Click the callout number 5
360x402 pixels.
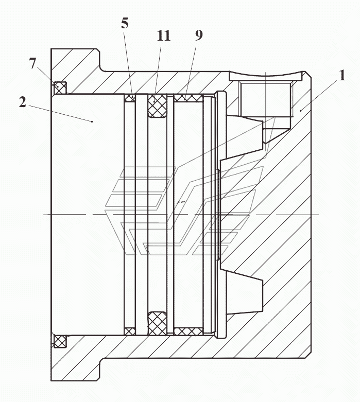[125, 23]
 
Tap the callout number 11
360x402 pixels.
[163, 36]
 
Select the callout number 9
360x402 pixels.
[199, 35]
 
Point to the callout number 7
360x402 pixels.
[32, 63]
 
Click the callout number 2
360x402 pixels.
[23, 102]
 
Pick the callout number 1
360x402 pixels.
[342, 75]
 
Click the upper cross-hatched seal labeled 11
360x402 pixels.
[157, 106]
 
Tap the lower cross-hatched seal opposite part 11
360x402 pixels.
[157, 323]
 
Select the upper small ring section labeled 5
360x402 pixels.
[130, 98]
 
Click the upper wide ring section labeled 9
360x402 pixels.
[188, 98]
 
